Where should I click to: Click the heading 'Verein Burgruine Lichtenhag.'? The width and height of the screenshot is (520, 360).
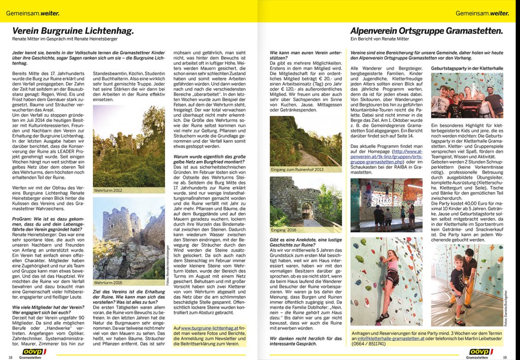click(x=73, y=31)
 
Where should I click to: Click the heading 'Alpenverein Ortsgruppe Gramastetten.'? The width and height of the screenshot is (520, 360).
click(x=427, y=31)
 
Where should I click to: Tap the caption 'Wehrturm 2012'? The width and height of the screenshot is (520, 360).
click(x=109, y=190)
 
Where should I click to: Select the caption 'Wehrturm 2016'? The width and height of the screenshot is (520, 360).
click(x=109, y=282)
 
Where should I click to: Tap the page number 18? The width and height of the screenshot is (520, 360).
click(x=10, y=357)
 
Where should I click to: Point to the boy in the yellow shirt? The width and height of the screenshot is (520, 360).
click(x=457, y=284)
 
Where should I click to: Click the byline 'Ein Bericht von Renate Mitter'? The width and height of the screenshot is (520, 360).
click(x=379, y=39)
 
